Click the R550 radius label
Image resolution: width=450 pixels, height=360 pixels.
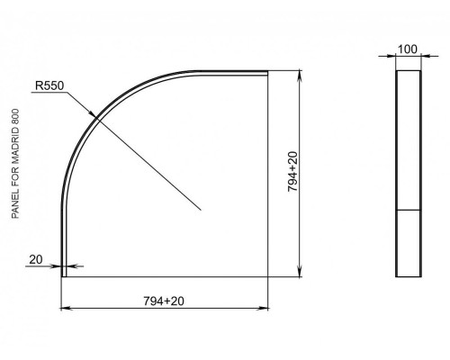(x=49, y=85)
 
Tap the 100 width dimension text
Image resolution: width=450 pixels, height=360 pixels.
(x=408, y=49)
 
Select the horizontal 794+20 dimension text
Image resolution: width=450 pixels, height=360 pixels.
(x=164, y=301)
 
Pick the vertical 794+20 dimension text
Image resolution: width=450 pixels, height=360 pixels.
(x=292, y=172)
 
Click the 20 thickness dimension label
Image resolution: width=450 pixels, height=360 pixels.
(x=36, y=259)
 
